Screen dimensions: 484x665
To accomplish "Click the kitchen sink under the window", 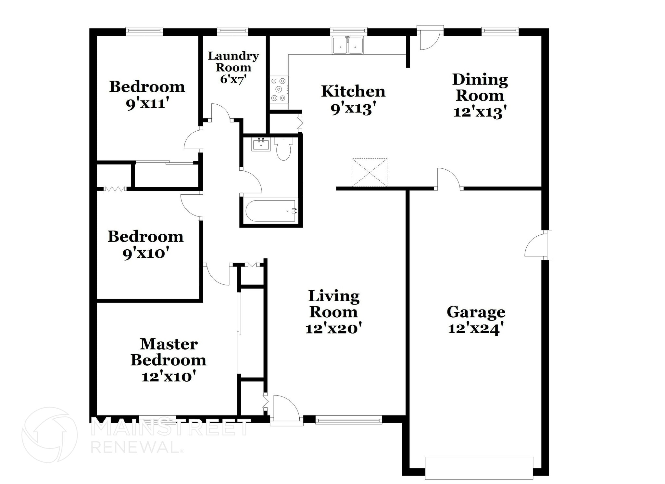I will click(x=348, y=46).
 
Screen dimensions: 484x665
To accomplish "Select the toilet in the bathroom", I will click(x=283, y=149).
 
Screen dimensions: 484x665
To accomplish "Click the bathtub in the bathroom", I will click(x=270, y=211).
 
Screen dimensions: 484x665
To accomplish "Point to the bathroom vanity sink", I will click(x=261, y=144).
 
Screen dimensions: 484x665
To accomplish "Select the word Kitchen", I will click(x=353, y=91).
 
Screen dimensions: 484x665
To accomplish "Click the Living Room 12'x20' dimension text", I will click(x=333, y=329).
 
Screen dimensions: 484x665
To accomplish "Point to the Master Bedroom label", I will click(x=169, y=352).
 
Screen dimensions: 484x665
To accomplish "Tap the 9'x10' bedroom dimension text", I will click(x=146, y=253).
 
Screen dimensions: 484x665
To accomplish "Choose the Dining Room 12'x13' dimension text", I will click(x=480, y=112).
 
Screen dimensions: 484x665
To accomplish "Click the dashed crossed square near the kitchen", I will click(x=370, y=172).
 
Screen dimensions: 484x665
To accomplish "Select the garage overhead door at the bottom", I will click(x=479, y=468).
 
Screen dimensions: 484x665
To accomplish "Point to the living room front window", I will click(x=348, y=421).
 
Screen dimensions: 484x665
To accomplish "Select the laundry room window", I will click(x=232, y=31).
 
